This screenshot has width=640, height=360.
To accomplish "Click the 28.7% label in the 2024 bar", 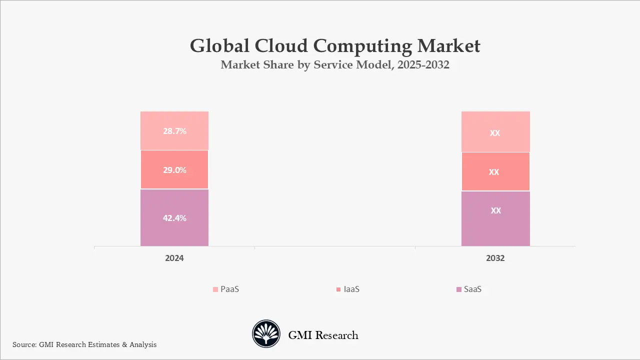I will point(174,131).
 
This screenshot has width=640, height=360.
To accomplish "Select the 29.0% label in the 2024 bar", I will point(174,170).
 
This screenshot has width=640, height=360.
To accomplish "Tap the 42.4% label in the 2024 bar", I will point(174,218).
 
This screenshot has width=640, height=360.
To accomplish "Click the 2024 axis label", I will point(174,258).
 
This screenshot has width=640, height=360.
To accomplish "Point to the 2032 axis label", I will point(495,258).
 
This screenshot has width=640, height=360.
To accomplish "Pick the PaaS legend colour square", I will point(215,289).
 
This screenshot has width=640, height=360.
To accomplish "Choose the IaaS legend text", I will point(351,289).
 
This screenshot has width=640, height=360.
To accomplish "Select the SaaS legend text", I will point(472,289).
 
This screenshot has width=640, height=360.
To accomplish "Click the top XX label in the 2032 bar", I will point(495,133).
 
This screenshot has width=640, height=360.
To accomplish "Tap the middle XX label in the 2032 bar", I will point(494,172).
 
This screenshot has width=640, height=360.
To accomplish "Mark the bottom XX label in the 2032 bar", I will point(495,210).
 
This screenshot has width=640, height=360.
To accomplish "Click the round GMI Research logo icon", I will point(266,334).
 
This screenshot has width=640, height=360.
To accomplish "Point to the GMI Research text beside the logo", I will point(323,335).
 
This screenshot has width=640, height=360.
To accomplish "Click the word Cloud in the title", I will point(281,46).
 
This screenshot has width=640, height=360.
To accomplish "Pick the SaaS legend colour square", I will point(459,289).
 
